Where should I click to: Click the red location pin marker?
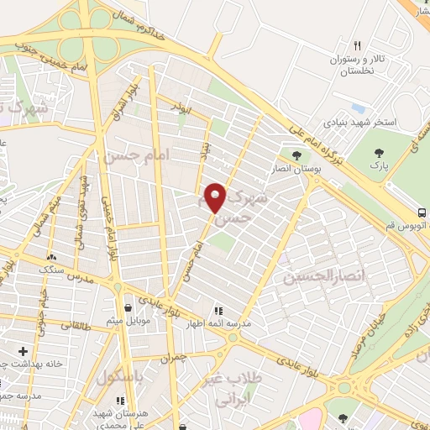point(216,197)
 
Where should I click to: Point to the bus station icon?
point(422,213)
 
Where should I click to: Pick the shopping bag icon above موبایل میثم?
point(127,307)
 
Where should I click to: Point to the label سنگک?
point(54,270)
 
